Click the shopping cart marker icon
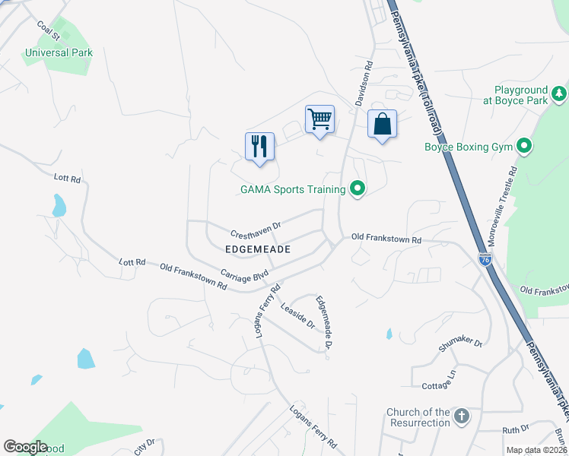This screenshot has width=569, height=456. click(319, 119)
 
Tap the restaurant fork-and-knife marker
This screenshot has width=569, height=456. click(259, 147)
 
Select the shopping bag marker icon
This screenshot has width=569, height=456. click(382, 124)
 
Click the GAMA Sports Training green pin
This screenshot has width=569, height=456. click(357, 188)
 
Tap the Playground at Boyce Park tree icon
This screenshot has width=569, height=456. click(559, 93)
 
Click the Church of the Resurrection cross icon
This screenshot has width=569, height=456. click(461, 416)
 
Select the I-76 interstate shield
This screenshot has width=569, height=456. click(485, 260)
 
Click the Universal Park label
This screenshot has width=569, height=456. click(59, 53)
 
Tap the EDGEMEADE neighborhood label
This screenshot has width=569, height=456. click(259, 249)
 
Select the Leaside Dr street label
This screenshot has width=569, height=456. click(297, 316)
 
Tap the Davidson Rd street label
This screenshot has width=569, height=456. click(364, 83)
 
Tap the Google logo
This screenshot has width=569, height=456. click(26, 447)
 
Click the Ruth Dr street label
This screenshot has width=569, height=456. click(515, 429)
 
